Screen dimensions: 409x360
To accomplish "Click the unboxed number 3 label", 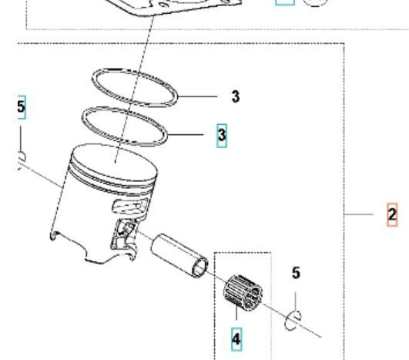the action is pyautogui.click(x=235, y=96).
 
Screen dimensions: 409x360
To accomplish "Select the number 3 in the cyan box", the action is pyautogui.click(x=222, y=136).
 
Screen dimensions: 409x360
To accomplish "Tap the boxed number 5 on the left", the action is pyautogui.click(x=21, y=107).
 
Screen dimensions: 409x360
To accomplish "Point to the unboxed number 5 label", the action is pyautogui.click(x=296, y=273).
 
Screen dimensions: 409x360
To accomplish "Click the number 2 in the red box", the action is pyautogui.click(x=392, y=214).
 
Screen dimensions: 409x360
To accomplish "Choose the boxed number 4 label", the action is pyautogui.click(x=236, y=339).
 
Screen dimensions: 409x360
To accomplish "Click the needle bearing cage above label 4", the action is pyautogui.click(x=243, y=292).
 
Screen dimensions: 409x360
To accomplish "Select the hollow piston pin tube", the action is pyautogui.click(x=179, y=256).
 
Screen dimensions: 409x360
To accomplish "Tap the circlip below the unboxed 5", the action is pyautogui.click(x=293, y=321).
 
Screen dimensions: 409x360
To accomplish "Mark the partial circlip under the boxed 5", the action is pyautogui.click(x=22, y=160).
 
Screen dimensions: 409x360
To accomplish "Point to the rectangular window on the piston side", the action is pyautogui.click(x=130, y=206).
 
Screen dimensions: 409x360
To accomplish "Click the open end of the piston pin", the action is pyautogui.click(x=200, y=267).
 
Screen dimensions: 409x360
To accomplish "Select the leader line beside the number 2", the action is pyautogui.click(x=359, y=214).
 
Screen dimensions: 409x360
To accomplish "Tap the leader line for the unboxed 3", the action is pyautogui.click(x=197, y=96).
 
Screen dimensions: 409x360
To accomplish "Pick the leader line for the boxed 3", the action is pyautogui.click(x=185, y=135).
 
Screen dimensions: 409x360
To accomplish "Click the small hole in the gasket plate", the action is pyautogui.click(x=163, y=5).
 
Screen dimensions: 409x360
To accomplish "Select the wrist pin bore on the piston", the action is pyautogui.click(x=126, y=228).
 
